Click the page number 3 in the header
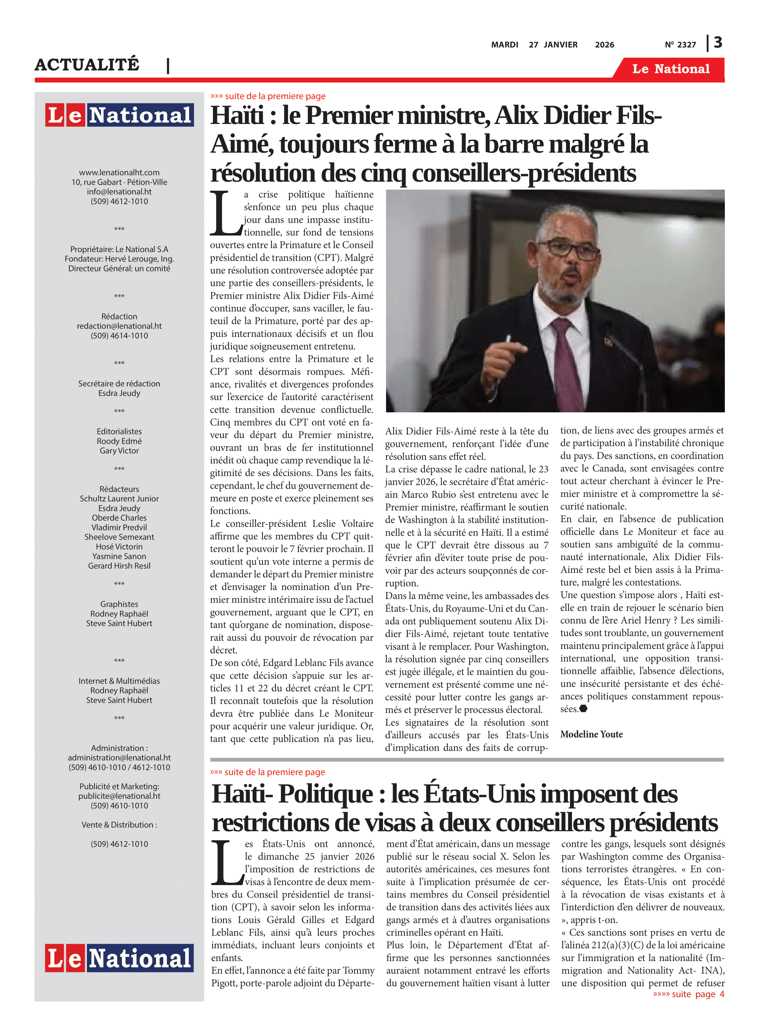[x=718, y=43]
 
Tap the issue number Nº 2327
[x=680, y=45]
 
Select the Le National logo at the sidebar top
[x=119, y=115]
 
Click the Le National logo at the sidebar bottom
[x=119, y=958]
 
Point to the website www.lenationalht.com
[x=119, y=172]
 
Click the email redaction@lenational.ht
[x=119, y=326]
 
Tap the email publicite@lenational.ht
[x=119, y=796]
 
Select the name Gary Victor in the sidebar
[x=119, y=451]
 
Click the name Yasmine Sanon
[x=119, y=556]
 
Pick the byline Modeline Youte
[x=591, y=734]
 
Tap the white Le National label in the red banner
[x=671, y=69]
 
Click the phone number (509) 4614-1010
[x=119, y=336]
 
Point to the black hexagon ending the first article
[x=583, y=709]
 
